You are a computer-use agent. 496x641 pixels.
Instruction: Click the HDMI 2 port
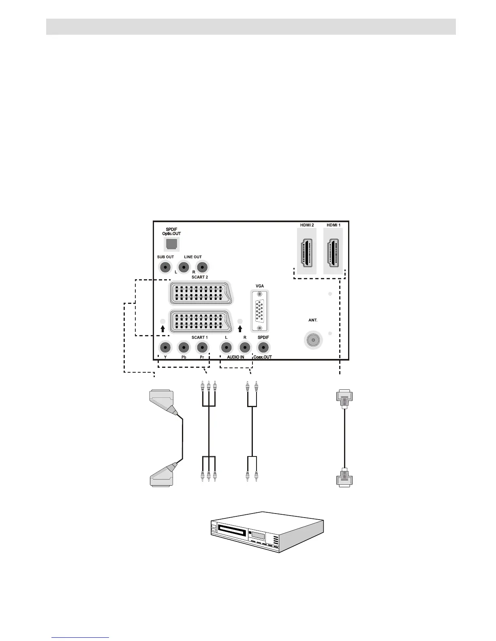coord(306,252)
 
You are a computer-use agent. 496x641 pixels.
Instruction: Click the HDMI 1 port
coord(333,252)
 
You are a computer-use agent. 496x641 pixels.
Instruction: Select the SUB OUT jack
coord(165,267)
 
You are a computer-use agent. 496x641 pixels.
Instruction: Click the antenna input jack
coord(312,340)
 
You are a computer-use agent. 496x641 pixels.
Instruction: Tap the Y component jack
coord(165,347)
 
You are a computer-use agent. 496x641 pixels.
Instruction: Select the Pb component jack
coord(184,347)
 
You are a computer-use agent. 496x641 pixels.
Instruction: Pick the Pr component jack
coord(202,347)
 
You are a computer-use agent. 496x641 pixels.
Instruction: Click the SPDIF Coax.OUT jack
coord(263,347)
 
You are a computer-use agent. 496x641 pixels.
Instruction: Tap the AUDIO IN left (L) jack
coord(226,347)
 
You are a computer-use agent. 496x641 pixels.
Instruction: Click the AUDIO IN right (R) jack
coord(244,347)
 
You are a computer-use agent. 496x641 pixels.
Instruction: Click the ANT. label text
coord(313,320)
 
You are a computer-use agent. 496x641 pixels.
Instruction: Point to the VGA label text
coord(260,286)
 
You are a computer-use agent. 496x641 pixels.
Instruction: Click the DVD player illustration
coord(267,532)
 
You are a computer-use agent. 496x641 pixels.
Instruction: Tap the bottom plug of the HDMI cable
coord(344,480)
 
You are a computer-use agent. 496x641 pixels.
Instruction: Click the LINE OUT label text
coord(193,257)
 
